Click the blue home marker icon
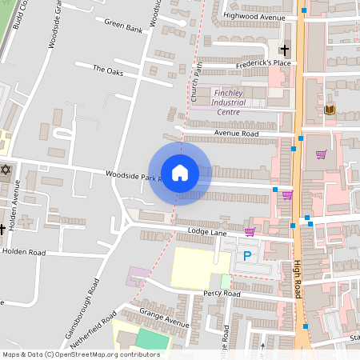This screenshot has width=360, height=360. click(x=179, y=172)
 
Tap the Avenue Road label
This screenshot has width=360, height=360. click(x=236, y=133)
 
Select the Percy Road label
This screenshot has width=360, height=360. click(x=222, y=294)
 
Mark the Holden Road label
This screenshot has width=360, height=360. click(x=24, y=251)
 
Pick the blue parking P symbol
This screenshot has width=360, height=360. click(x=247, y=256)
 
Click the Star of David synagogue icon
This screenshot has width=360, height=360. click(x=6, y=170)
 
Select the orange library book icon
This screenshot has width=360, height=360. click(x=329, y=110)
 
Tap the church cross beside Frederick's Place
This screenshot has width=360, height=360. click(x=284, y=50)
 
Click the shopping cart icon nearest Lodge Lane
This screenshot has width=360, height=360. click(x=250, y=232)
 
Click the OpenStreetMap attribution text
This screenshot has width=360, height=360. click(x=81, y=354)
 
